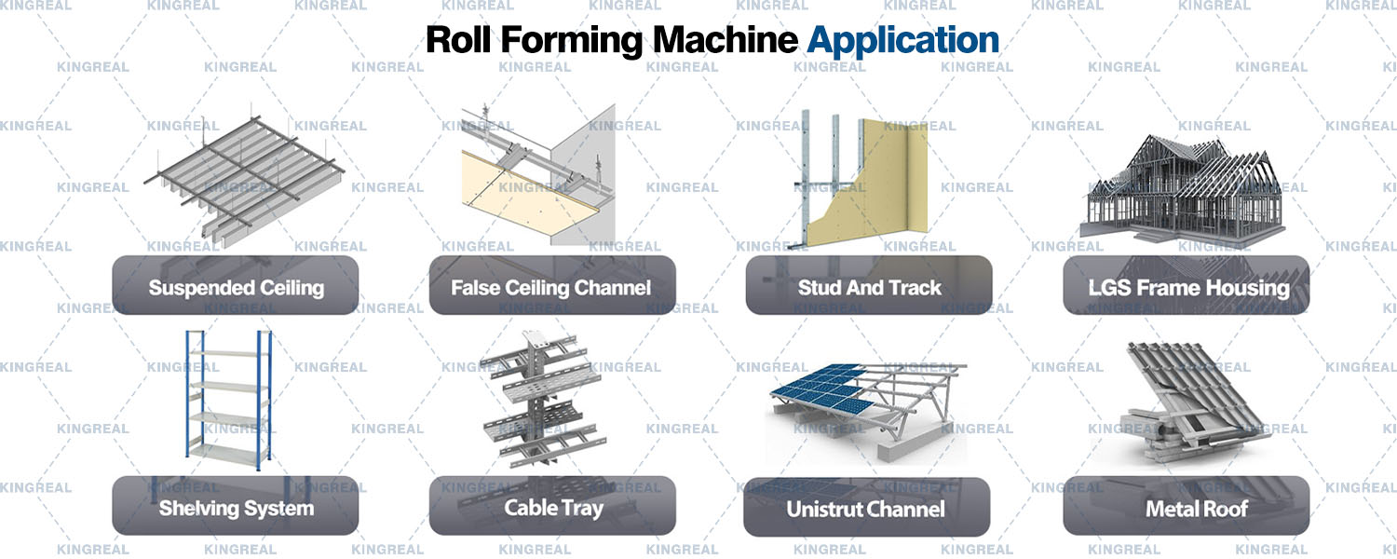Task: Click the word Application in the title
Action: click(x=902, y=40)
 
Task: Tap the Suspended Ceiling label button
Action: click(x=236, y=287)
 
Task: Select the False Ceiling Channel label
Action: click(x=551, y=287)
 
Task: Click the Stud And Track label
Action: click(x=869, y=287)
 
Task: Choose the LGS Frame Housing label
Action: click(x=1187, y=287)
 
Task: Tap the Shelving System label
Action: click(x=236, y=508)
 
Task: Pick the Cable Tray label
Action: click(x=552, y=507)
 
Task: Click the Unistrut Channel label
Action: click(x=865, y=509)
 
